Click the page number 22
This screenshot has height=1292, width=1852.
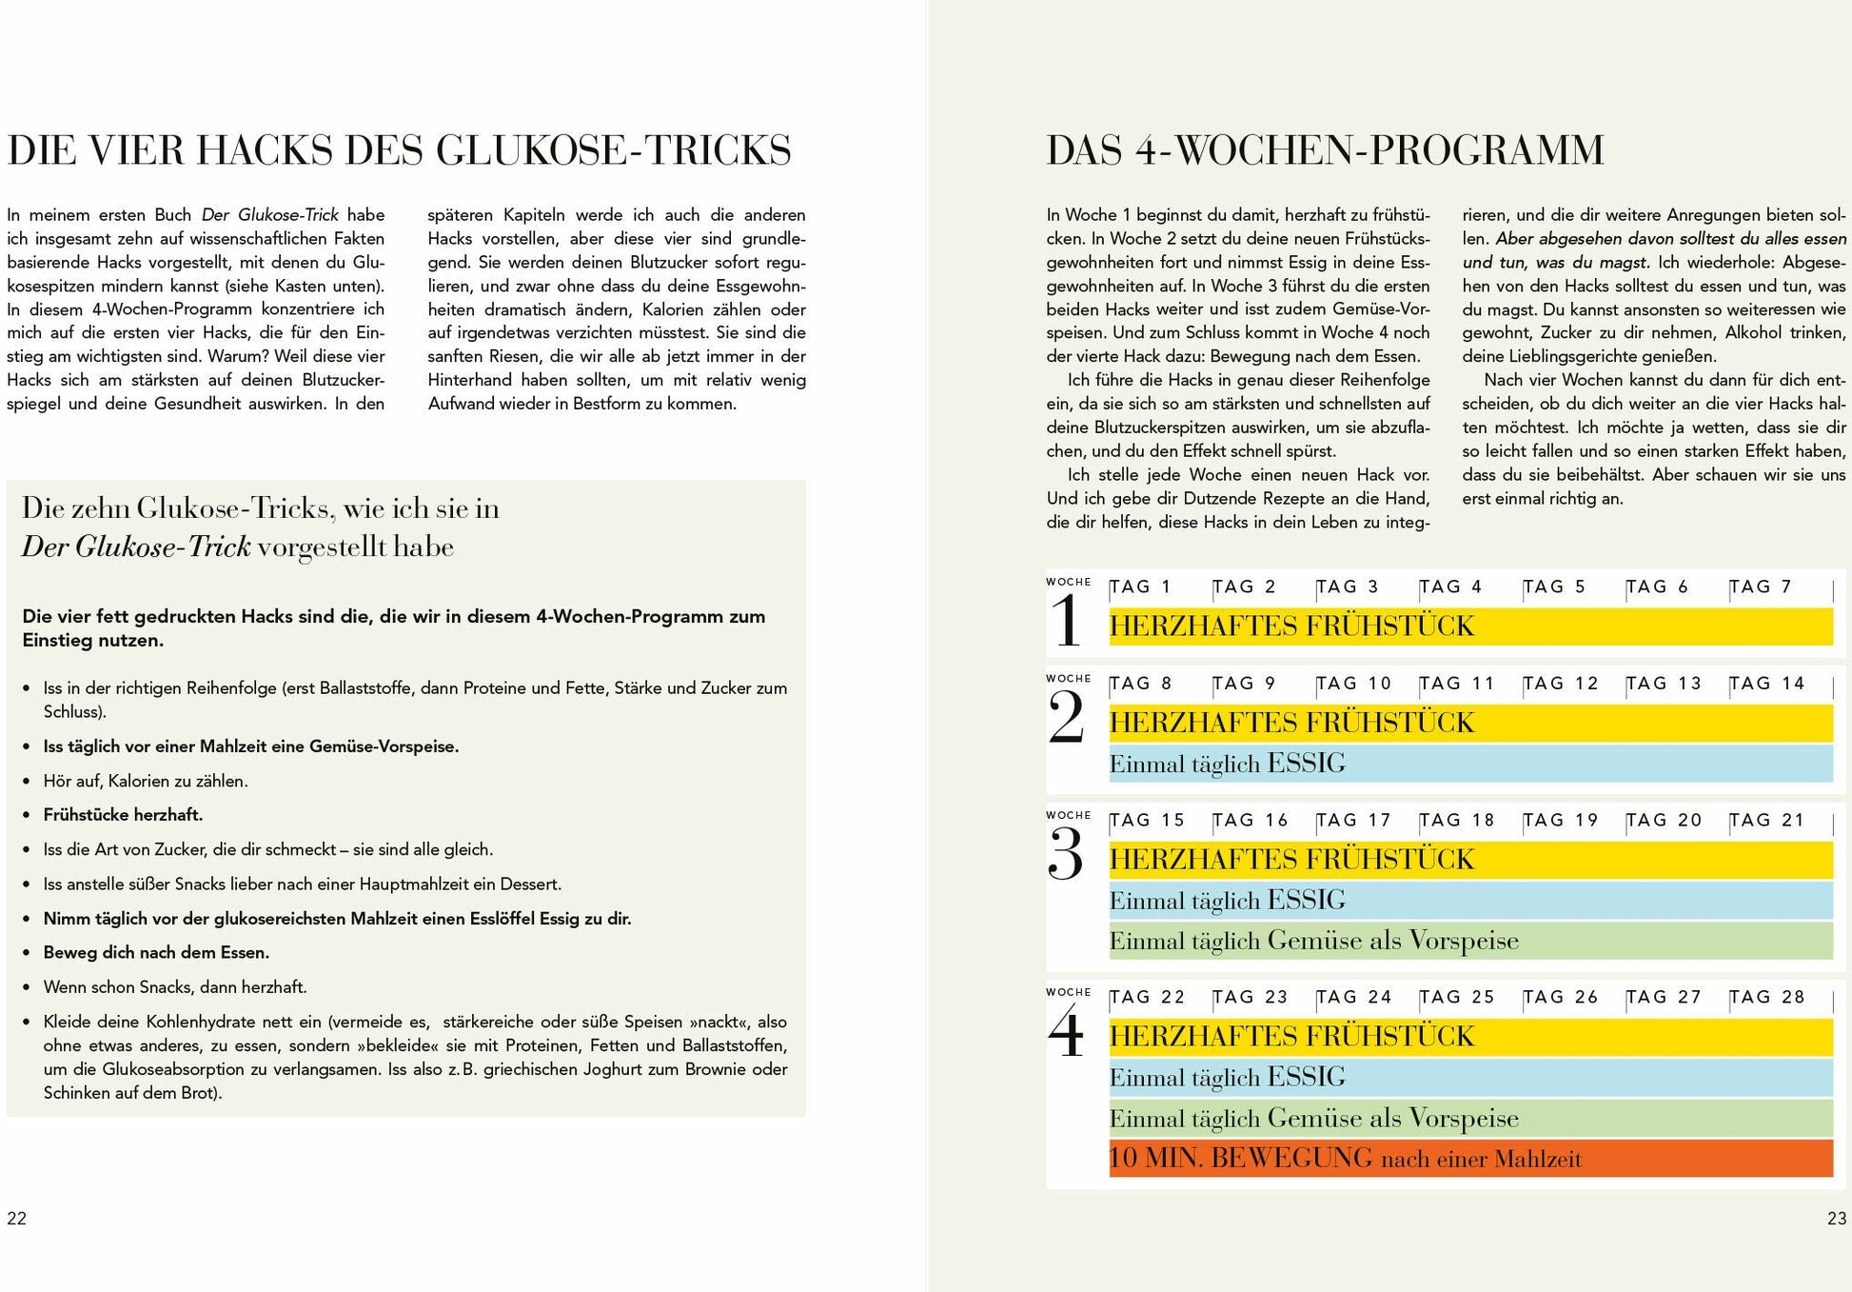click(17, 1219)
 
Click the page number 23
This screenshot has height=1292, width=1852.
click(1837, 1219)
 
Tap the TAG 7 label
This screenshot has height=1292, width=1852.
click(1761, 587)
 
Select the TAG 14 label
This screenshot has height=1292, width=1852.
click(1766, 684)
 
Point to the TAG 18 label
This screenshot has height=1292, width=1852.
click(1457, 821)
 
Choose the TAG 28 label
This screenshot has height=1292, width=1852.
click(1766, 998)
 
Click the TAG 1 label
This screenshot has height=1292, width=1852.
click(1140, 587)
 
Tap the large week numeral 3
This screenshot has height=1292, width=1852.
click(1066, 854)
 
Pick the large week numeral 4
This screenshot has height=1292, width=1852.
click(1066, 1032)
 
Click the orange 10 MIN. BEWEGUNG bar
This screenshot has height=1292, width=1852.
click(1470, 1159)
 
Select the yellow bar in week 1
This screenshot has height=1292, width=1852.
click(1470, 626)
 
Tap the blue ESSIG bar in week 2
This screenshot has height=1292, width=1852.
click(1470, 764)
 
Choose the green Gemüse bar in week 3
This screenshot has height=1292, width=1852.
click(1470, 941)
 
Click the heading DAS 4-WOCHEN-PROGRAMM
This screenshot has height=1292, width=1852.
click(1325, 150)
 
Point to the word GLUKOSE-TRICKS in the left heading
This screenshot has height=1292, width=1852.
click(614, 150)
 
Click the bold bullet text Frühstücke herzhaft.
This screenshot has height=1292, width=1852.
click(123, 815)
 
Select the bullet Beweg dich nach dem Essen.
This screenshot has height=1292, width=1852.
click(156, 953)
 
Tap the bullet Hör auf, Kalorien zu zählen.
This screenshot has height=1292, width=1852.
click(146, 781)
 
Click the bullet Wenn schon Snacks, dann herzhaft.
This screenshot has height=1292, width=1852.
click(175, 987)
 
